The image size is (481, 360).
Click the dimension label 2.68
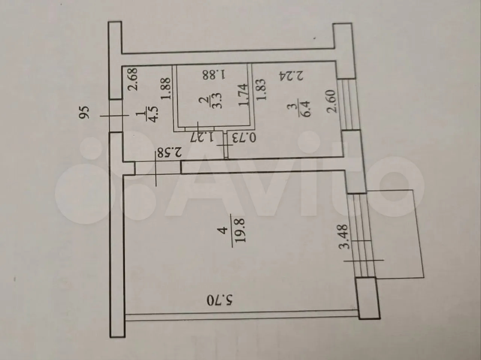(x=134, y=79)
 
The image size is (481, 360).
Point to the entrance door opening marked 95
(x=115, y=116)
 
